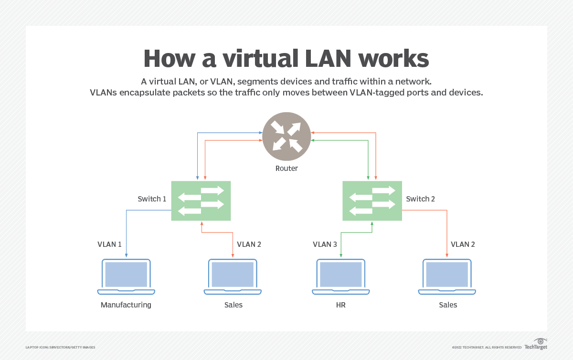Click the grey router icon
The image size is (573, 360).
click(286, 137)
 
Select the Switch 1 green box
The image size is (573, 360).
click(201, 201)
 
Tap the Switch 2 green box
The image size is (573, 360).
click(372, 201)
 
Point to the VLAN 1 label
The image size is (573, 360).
click(109, 244)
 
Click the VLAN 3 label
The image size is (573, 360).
click(325, 244)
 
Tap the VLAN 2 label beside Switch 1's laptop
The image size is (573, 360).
click(249, 244)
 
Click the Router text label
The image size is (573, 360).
click(286, 169)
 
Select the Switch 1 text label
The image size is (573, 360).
click(152, 199)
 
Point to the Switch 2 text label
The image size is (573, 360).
click(420, 199)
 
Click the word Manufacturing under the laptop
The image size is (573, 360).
click(126, 305)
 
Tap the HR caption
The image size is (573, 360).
click(340, 305)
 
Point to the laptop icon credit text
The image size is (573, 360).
click(60, 347)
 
